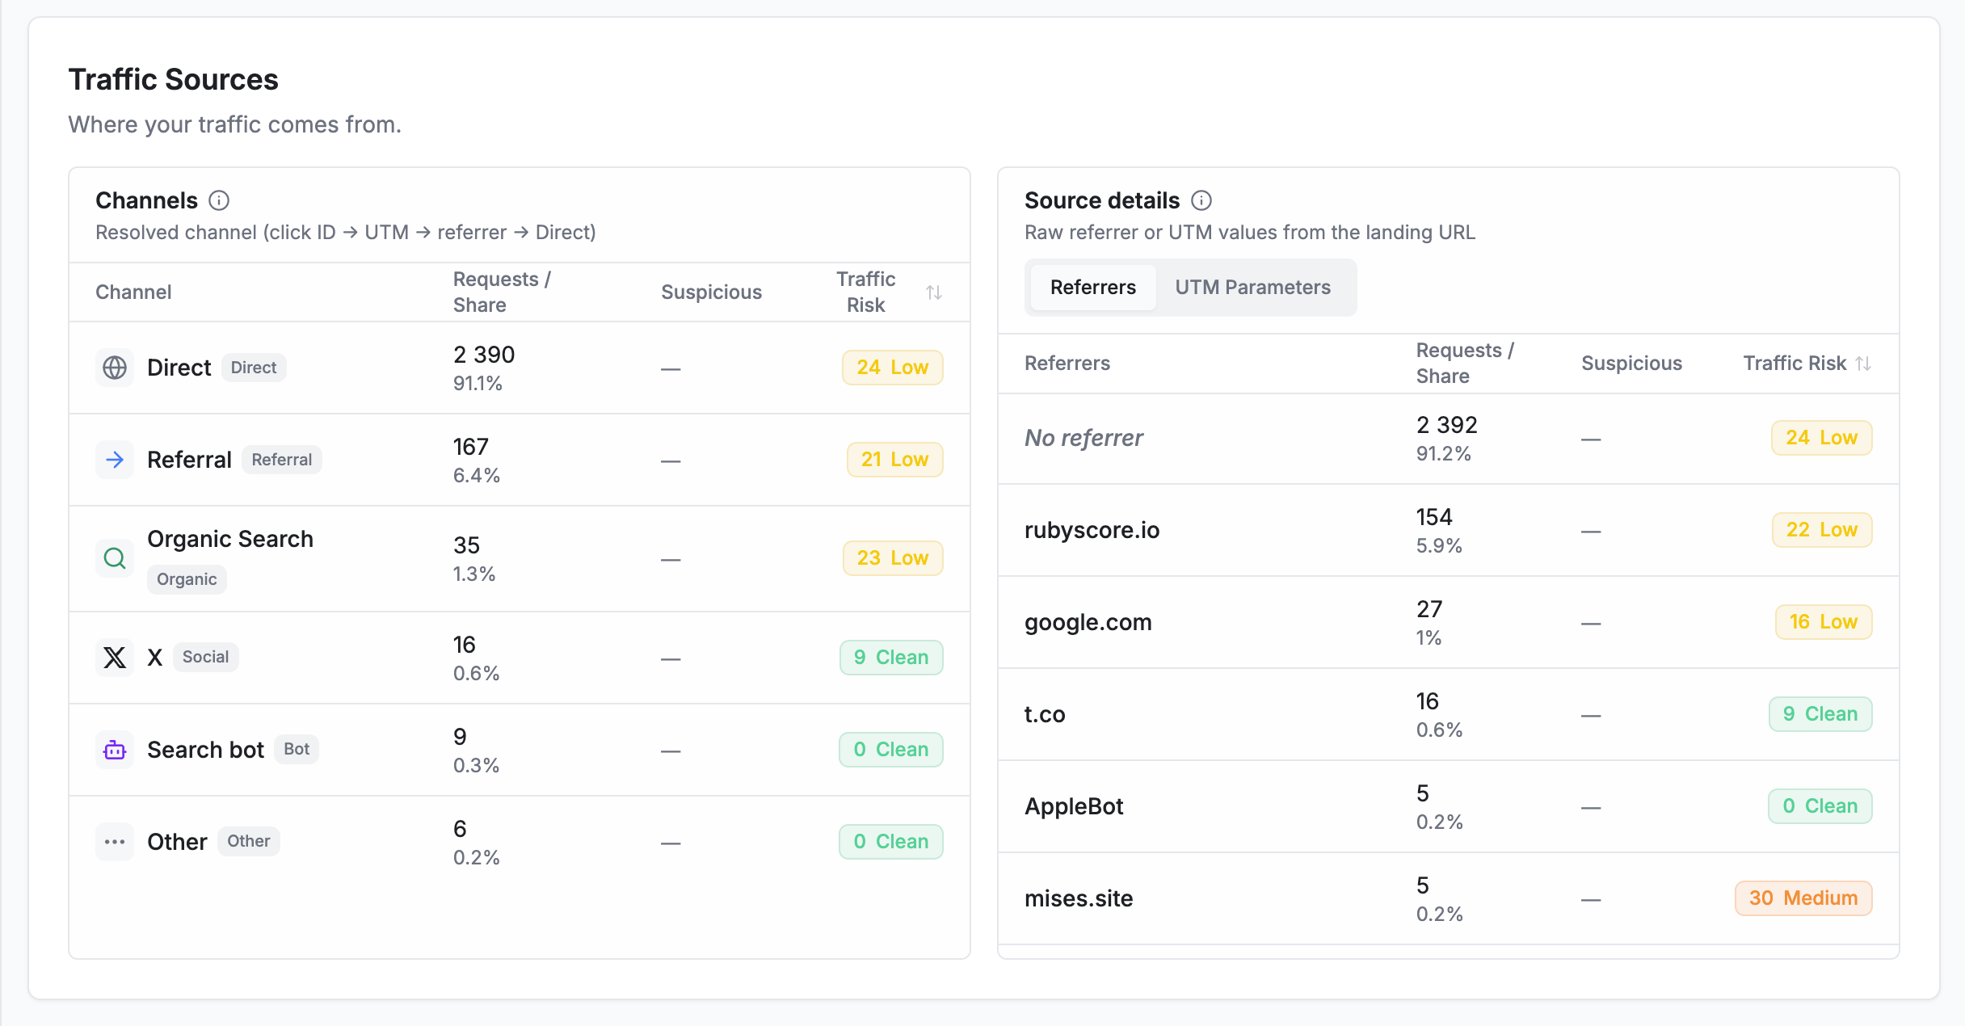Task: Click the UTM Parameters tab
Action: click(x=1252, y=288)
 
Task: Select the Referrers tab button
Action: click(x=1092, y=288)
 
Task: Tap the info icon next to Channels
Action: click(x=219, y=200)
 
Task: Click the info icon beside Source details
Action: click(x=1201, y=200)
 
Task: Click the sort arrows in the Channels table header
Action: click(x=934, y=292)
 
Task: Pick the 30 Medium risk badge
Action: click(x=1803, y=898)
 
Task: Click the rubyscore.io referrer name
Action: click(x=1092, y=530)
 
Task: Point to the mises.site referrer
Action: click(x=1079, y=898)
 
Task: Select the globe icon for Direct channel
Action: click(x=115, y=368)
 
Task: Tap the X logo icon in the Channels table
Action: click(x=115, y=658)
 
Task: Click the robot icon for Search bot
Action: click(x=115, y=750)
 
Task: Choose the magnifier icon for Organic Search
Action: click(x=115, y=558)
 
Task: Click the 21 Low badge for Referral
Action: click(x=894, y=460)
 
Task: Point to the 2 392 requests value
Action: click(x=1446, y=425)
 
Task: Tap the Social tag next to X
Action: click(x=205, y=657)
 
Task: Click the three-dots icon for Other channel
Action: click(x=115, y=842)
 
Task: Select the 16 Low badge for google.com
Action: click(x=1824, y=622)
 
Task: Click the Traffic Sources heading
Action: click(x=173, y=80)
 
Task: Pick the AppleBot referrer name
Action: click(x=1074, y=806)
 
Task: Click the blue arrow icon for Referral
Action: click(x=115, y=460)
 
